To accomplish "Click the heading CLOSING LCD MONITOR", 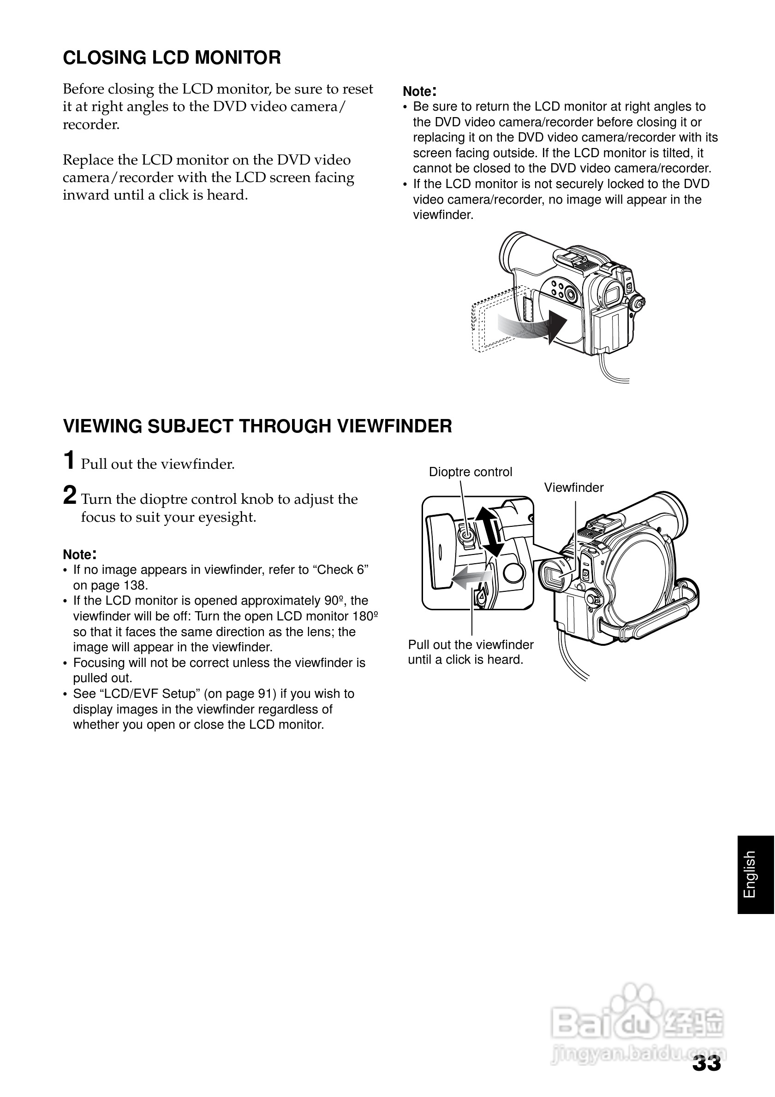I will pos(172,58).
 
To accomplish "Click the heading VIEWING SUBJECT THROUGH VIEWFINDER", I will pos(257,426).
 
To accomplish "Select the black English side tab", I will pos(756,875).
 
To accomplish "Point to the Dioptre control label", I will pos(470,472).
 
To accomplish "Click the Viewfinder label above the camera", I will pos(573,487).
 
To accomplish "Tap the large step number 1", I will pos(69,460).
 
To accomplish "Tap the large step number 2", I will pos(70,495).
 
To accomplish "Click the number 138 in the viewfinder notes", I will pos(136,585).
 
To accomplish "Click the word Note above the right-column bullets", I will pos(417,91).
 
